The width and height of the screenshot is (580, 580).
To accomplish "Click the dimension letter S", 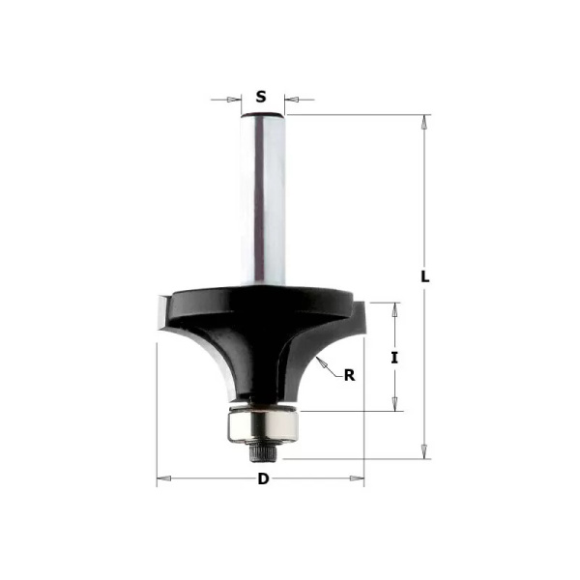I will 261,97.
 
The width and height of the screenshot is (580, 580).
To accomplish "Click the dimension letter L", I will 425,275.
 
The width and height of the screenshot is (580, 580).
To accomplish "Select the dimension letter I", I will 394,358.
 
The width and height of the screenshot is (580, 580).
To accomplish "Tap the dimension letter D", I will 261,479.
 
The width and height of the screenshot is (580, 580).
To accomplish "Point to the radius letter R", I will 349,375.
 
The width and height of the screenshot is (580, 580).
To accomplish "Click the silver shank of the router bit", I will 262,193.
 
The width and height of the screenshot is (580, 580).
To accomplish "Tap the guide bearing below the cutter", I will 262,422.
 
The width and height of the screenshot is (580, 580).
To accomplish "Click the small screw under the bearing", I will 262,448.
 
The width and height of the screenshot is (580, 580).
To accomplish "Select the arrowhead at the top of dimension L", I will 424,120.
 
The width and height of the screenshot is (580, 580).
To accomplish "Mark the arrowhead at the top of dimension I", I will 394,306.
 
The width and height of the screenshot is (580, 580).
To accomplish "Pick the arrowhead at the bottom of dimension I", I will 394,407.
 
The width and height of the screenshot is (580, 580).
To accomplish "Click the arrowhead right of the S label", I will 291,98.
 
